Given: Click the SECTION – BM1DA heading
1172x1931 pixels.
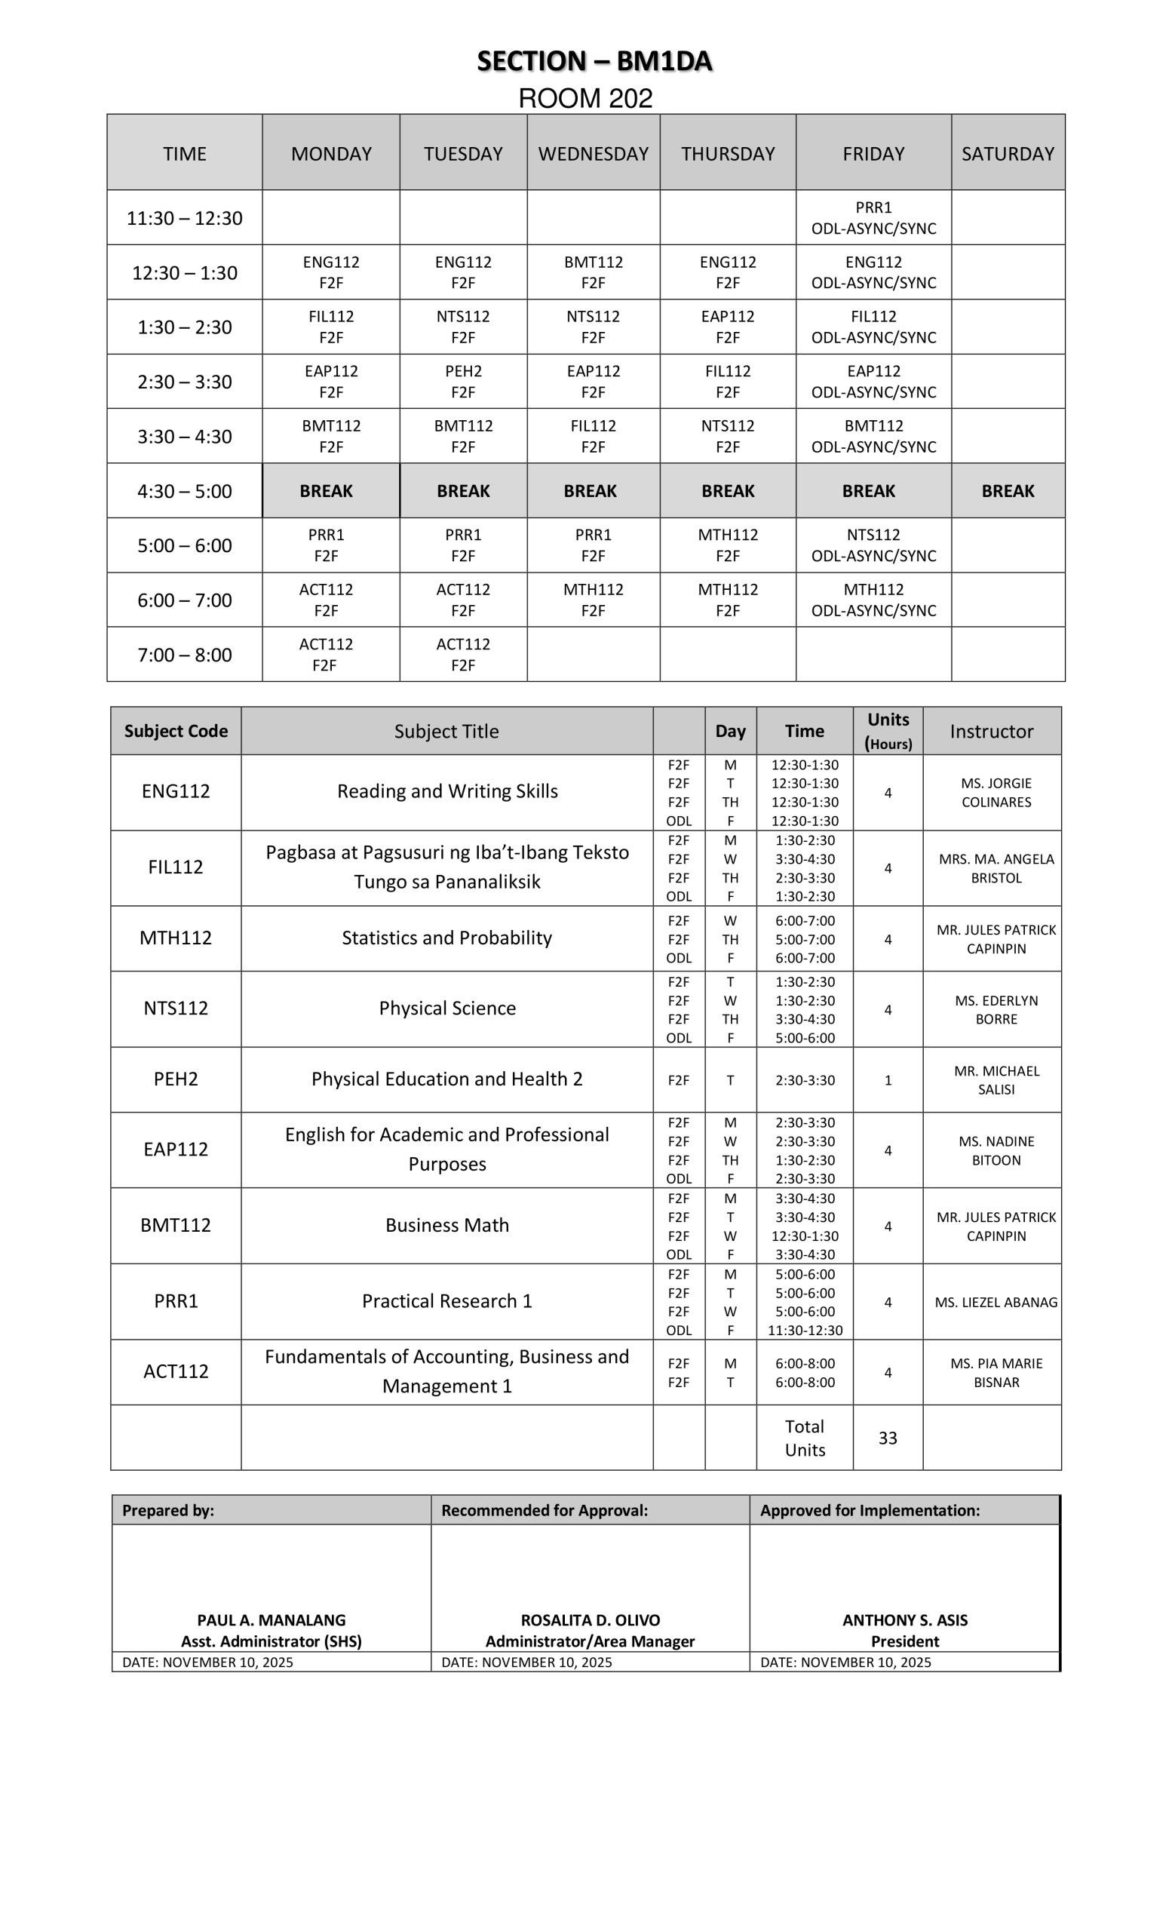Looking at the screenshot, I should (x=594, y=61).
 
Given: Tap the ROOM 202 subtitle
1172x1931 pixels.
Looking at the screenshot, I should (x=585, y=99).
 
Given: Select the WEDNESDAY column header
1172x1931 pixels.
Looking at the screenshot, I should (x=593, y=154).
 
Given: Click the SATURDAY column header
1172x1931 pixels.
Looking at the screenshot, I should (x=1008, y=154).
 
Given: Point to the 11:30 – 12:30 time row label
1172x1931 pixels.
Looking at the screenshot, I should (x=184, y=218).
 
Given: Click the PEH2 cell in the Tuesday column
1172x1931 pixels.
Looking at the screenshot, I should (x=463, y=381).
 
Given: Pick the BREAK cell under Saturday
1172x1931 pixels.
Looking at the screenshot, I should (x=1008, y=491).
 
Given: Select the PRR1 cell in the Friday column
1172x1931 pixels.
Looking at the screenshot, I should (x=873, y=217).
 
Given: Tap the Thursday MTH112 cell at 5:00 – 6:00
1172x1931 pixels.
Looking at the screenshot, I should (x=728, y=545).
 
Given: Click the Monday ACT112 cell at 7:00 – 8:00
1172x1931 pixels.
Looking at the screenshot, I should (x=326, y=655).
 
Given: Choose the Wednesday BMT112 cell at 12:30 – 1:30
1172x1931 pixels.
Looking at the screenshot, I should (x=593, y=272).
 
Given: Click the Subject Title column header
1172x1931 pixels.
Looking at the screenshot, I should (x=446, y=731).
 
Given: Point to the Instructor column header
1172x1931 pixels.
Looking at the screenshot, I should (x=991, y=731).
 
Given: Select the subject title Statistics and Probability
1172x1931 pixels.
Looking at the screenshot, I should (x=446, y=938).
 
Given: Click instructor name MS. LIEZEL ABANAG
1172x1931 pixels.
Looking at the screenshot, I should (x=996, y=1303).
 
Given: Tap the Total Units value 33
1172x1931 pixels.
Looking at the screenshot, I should (x=887, y=1438).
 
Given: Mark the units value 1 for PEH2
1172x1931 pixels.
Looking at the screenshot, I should (x=888, y=1080).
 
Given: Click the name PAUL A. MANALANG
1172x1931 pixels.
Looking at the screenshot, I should (x=271, y=1620).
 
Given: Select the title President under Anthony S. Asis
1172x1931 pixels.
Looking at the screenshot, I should (x=905, y=1641).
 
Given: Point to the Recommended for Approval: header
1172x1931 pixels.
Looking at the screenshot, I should (x=545, y=1510).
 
